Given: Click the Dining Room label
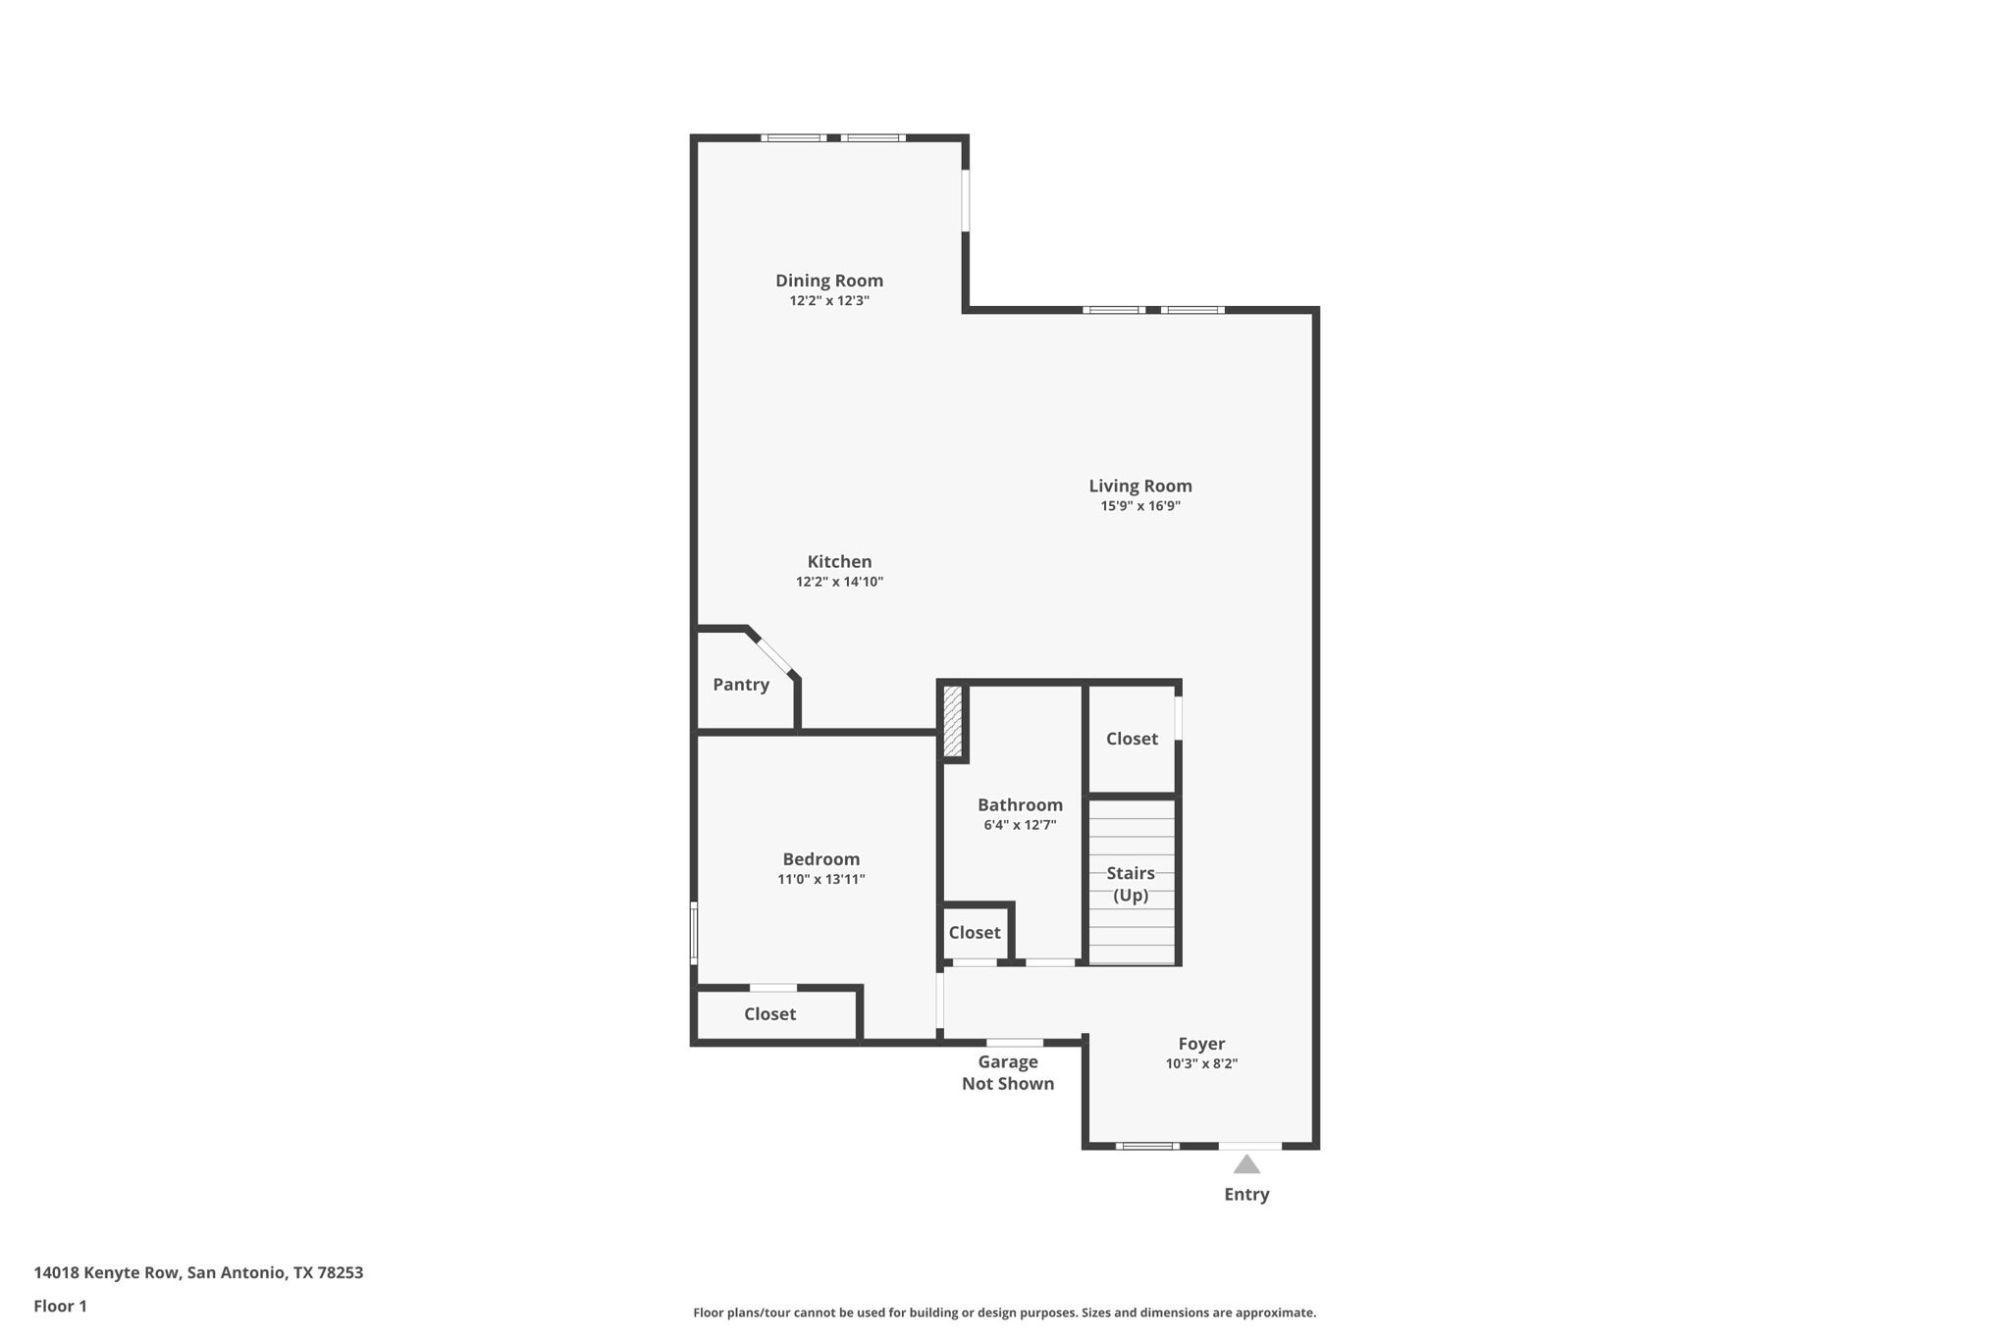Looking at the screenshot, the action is tap(829, 281).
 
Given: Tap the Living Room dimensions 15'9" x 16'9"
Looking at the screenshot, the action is tap(1140, 506).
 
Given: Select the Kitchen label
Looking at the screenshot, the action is tap(839, 562).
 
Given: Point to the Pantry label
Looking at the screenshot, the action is tap(741, 685).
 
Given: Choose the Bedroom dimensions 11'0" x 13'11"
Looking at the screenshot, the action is tap(821, 880).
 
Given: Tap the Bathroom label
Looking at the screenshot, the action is tap(1020, 805).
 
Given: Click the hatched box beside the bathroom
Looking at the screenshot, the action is tap(952, 721).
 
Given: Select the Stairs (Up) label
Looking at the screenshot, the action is tap(1131, 884).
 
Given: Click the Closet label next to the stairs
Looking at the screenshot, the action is tap(1132, 739).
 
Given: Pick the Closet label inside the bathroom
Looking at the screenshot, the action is tap(975, 933).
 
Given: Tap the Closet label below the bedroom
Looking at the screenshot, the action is tap(769, 1014).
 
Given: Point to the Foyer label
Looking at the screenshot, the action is tap(1201, 1044).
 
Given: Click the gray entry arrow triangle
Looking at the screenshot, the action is tap(1246, 1164).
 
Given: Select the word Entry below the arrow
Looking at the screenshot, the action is tap(1246, 1195).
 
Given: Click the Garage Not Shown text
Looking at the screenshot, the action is tap(1008, 1073).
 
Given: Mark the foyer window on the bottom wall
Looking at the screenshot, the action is tap(1147, 1146).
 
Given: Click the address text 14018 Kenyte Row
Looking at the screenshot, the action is tap(106, 1273).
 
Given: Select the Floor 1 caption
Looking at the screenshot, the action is tap(60, 1307).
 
